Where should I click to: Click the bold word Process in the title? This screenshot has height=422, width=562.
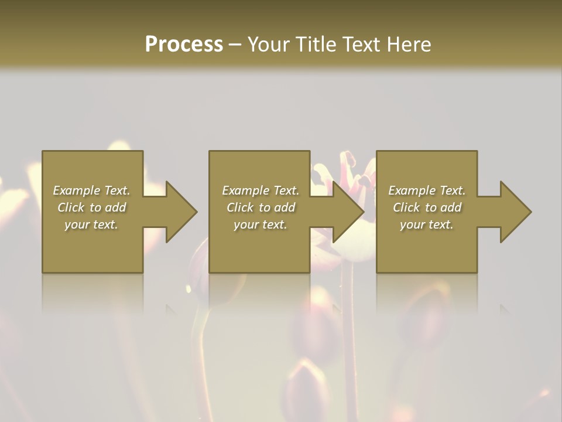pyautogui.click(x=184, y=45)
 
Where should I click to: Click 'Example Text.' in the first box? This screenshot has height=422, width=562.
pyautogui.click(x=91, y=190)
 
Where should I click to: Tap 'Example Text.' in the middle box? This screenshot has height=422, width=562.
pyautogui.click(x=261, y=190)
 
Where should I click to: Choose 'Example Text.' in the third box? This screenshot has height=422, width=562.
pyautogui.click(x=427, y=190)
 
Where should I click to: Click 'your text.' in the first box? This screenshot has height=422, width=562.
pyautogui.click(x=91, y=224)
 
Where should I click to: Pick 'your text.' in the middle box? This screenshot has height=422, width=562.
pyautogui.click(x=261, y=224)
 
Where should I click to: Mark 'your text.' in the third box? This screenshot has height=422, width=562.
pyautogui.click(x=427, y=224)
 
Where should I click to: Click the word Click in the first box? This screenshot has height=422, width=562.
pyautogui.click(x=71, y=207)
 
